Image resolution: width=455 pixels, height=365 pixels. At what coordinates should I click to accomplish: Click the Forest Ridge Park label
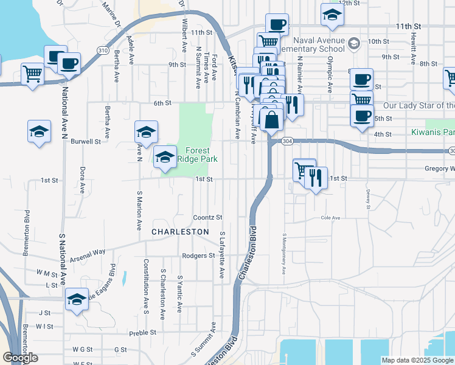193,155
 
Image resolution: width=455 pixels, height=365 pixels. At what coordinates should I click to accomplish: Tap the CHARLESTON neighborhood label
180,232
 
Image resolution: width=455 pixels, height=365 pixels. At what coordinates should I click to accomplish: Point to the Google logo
21,358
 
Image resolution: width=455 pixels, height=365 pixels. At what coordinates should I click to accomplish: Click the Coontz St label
208,217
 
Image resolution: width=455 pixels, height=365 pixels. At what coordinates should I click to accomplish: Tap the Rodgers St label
198,256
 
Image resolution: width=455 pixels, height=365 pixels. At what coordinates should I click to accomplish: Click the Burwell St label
86,141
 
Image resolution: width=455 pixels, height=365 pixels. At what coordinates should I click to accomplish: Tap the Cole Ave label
330,217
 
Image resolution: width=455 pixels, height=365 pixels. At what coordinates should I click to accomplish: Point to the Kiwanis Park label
432,131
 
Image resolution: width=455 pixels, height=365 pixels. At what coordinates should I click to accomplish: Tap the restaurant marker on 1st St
316,178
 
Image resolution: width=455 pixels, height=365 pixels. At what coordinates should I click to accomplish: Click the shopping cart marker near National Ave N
33,74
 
